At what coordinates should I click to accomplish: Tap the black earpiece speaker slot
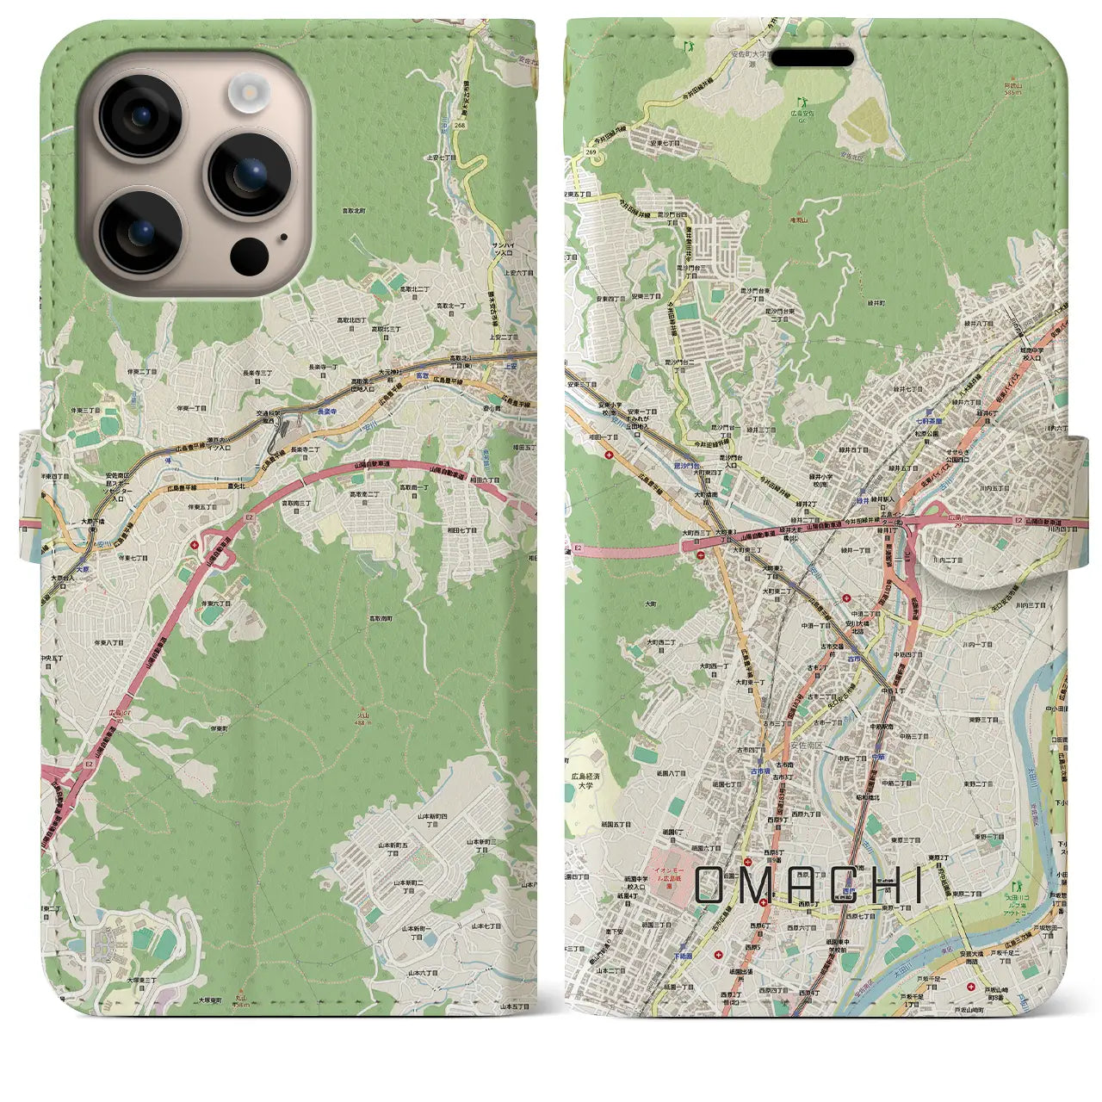pyautogui.click(x=813, y=58)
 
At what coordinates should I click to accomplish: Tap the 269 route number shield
pyautogui.click(x=591, y=152)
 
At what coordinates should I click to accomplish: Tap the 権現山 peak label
pyautogui.click(x=801, y=220)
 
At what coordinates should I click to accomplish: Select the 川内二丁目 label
pyautogui.click(x=950, y=559)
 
